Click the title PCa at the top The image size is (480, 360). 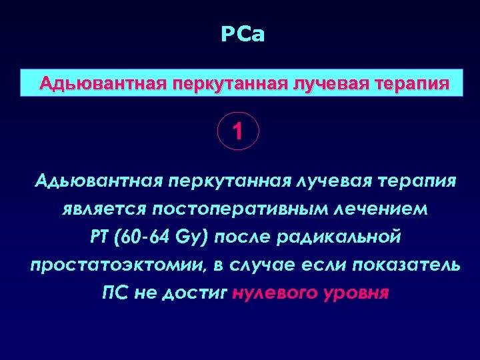[x=243, y=35]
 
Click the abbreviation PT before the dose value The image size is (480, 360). [x=97, y=237]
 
